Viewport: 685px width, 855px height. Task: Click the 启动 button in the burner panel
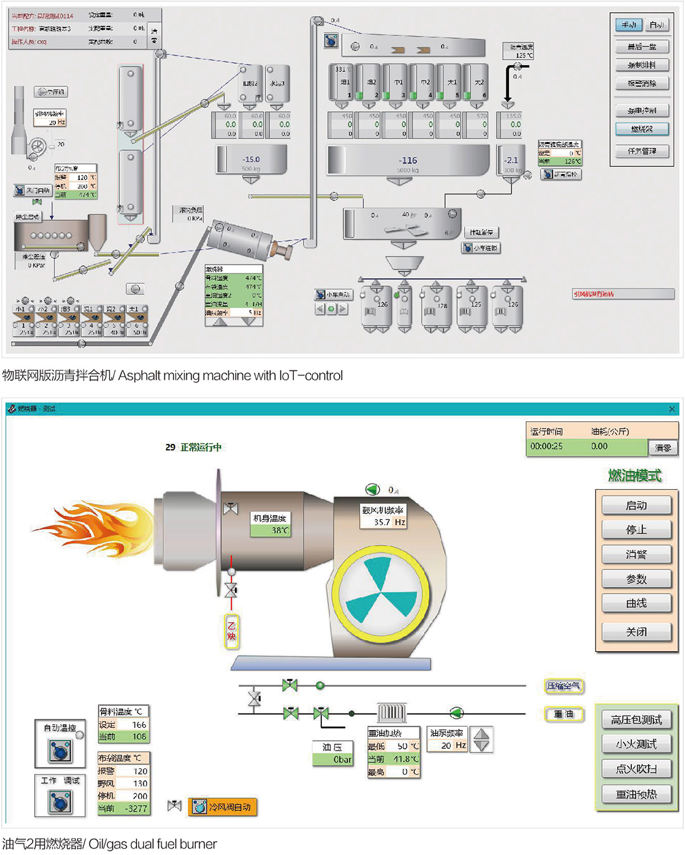point(636,505)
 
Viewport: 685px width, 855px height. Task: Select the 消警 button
point(636,554)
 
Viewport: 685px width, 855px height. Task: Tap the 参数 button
point(636,579)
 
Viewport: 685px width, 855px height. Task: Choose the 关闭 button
point(636,632)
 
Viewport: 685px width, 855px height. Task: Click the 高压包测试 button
point(636,720)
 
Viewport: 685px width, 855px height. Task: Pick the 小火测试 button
point(636,744)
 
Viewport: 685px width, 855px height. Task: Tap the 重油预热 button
point(636,794)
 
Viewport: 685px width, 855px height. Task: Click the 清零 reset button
point(663,447)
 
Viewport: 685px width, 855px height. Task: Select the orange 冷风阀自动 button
point(223,807)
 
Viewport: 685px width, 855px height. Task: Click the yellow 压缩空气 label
point(563,685)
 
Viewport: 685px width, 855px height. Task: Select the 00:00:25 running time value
point(546,446)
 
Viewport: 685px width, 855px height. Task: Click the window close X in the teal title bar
point(672,409)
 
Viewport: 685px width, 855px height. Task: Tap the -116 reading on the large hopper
point(408,160)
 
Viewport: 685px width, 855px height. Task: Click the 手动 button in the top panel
point(628,25)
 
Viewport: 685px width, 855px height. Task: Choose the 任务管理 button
point(642,151)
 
